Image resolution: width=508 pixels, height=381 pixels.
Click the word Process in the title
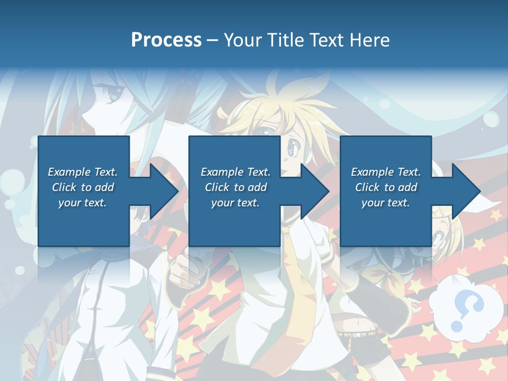click(x=166, y=40)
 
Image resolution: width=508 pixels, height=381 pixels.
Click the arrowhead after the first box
click(x=164, y=191)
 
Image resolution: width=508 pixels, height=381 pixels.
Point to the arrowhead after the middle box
click(x=314, y=191)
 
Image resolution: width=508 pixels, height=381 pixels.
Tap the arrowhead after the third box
click(x=466, y=191)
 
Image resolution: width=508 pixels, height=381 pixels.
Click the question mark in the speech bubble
click(x=468, y=310)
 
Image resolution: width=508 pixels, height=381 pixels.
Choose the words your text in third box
click(x=385, y=203)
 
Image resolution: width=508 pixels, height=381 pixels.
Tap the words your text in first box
click(x=83, y=203)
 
